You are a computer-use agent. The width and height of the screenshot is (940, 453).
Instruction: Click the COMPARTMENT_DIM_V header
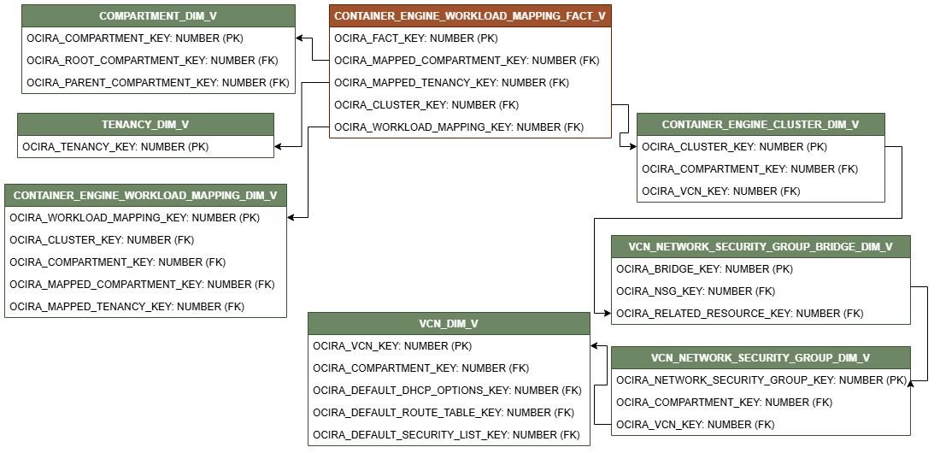[158, 16]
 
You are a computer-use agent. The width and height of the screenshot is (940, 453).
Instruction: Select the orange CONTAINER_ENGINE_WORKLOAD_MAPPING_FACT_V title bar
[470, 16]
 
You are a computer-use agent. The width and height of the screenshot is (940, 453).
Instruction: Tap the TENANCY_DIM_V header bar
[145, 125]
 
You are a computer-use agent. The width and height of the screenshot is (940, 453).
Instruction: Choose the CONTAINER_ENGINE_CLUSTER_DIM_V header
[761, 125]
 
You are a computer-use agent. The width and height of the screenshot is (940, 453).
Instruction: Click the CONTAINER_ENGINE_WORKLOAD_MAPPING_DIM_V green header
[145, 196]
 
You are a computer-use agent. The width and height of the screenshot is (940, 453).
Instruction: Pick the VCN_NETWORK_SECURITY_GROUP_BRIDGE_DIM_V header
[761, 247]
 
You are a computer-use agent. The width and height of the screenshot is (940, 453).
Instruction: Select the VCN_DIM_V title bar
[449, 324]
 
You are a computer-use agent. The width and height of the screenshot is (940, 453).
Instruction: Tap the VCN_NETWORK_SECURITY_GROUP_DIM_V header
[761, 358]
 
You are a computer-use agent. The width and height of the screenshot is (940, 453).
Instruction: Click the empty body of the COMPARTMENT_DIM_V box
[158, 60]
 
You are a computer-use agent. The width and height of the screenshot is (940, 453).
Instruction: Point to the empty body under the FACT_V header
[470, 82]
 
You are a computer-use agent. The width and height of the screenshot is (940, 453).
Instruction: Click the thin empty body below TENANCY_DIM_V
[145, 147]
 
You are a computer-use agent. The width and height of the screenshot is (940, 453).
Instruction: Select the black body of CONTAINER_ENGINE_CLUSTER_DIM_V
[761, 168]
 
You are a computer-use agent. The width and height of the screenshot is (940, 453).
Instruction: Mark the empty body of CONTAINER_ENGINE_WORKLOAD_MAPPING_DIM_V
[145, 262]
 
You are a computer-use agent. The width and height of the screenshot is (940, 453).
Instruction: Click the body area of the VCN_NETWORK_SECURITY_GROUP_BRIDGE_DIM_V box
[761, 291]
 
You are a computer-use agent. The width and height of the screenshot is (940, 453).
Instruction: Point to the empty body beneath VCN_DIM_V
[449, 390]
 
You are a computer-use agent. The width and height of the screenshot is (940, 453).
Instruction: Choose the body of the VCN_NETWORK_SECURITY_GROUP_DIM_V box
[761, 402]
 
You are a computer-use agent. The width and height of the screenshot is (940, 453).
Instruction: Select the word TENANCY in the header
[126, 125]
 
